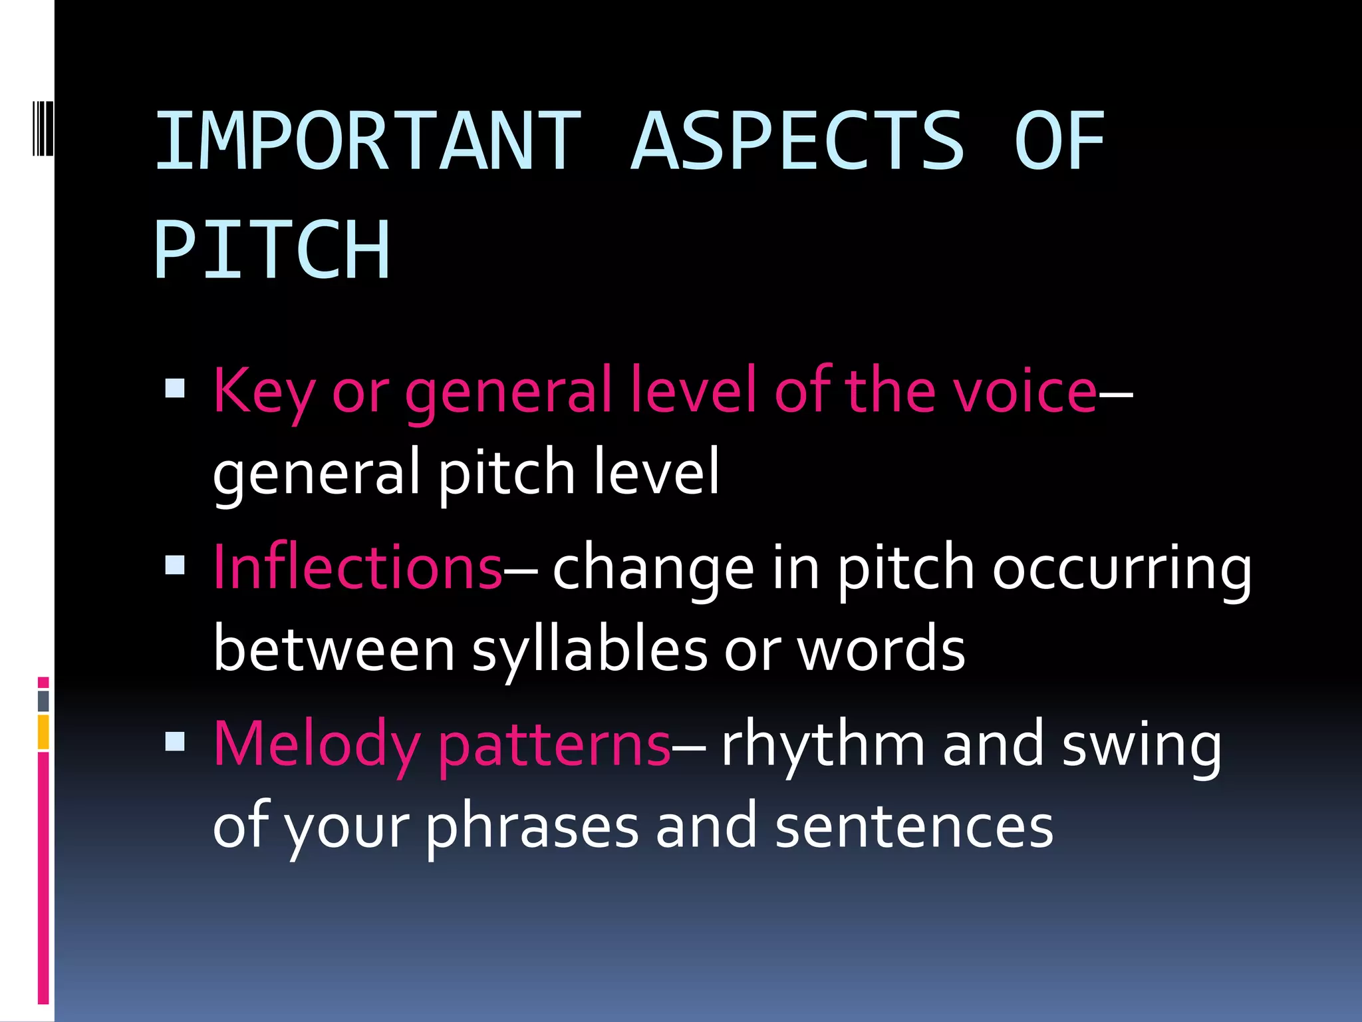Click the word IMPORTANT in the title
pos(368,141)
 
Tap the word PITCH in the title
pos(272,250)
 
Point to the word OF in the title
pos(1059,141)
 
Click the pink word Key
pos(263,393)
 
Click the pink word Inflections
pos(357,567)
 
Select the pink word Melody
pos(317,745)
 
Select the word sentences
pos(914,826)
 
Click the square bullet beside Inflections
pos(175,566)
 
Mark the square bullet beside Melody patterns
pos(175,741)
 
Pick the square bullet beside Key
pos(175,388)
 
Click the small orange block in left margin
pos(43,732)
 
